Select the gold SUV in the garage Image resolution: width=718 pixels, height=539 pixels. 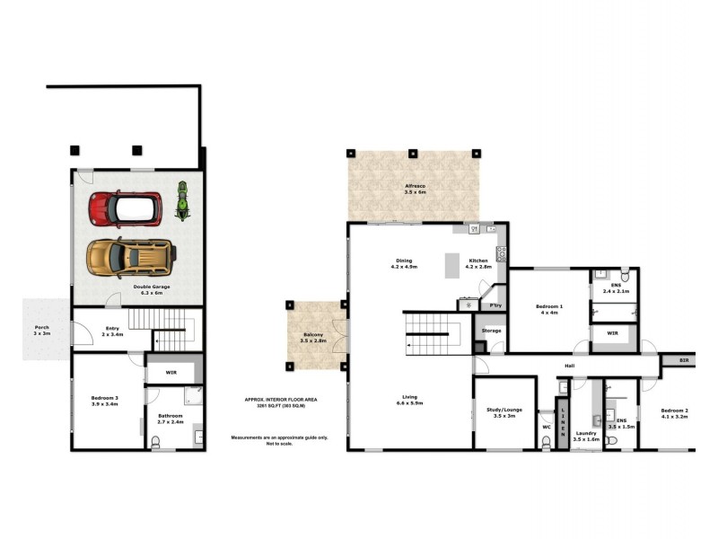point(129,256)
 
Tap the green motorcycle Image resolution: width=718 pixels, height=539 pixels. point(182,201)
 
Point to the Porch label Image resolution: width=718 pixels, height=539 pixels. point(41,330)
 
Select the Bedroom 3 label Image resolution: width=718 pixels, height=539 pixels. point(105,401)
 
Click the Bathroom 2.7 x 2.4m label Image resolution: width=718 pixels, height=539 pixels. point(171,419)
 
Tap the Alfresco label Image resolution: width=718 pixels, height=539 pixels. point(414,188)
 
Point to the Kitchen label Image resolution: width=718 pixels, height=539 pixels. point(477,264)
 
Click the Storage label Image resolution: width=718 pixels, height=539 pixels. point(491,331)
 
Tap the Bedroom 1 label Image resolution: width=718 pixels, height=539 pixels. point(549,310)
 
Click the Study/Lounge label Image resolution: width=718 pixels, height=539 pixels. point(496,411)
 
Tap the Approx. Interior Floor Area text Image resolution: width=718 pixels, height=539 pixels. point(281,402)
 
